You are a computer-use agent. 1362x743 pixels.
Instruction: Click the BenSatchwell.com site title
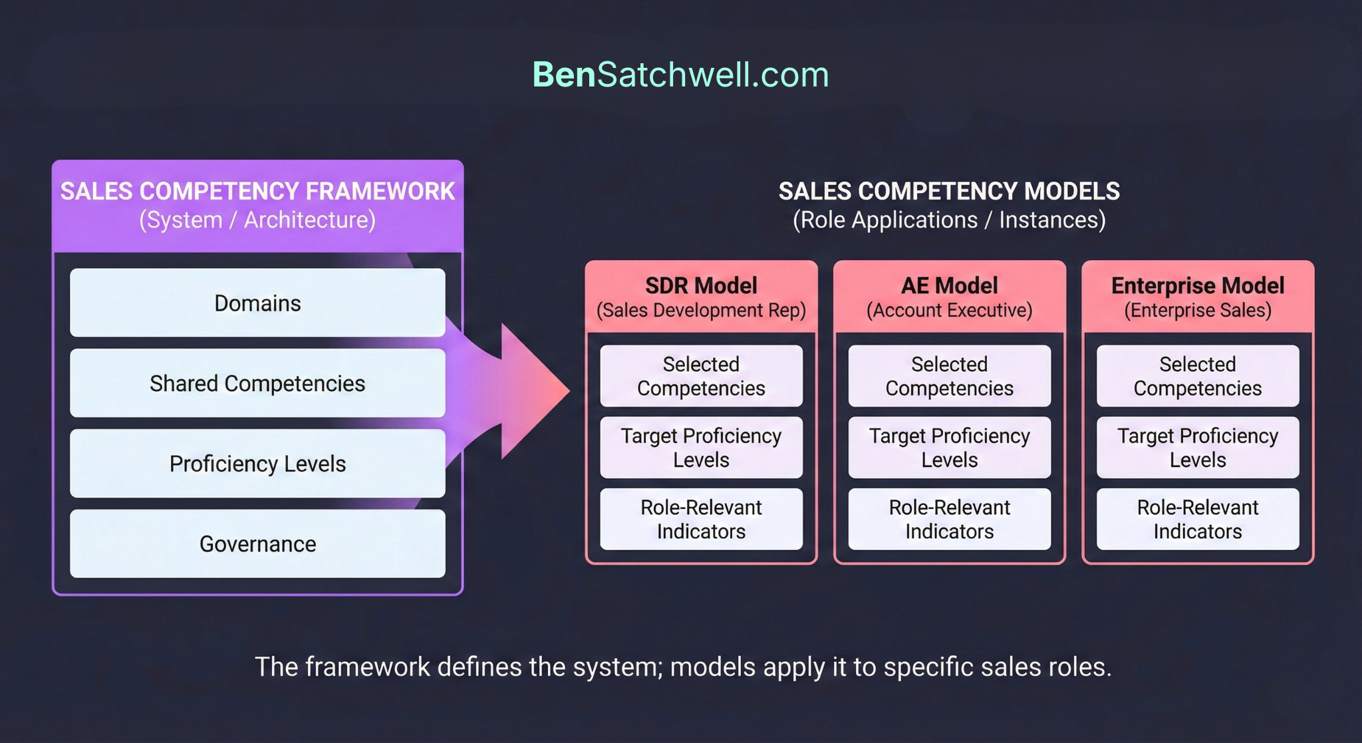point(680,74)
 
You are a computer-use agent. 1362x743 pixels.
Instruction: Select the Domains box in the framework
point(257,303)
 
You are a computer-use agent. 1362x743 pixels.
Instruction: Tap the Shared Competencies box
point(257,384)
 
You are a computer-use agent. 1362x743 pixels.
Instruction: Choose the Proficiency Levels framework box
point(257,464)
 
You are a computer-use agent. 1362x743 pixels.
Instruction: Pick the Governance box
point(257,544)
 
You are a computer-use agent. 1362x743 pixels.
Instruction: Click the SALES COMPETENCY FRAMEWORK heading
point(257,192)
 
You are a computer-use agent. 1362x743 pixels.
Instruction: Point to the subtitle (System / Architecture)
point(257,220)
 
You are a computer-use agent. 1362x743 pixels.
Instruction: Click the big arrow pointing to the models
point(525,391)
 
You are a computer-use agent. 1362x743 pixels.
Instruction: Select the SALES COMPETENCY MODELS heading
point(949,192)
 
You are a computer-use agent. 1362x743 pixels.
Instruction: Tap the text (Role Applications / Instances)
point(949,220)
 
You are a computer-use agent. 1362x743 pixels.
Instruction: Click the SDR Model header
point(701,297)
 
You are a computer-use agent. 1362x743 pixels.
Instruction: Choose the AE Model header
point(949,297)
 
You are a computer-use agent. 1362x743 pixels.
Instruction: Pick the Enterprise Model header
point(1198,297)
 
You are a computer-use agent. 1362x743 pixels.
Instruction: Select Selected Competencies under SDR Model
point(701,376)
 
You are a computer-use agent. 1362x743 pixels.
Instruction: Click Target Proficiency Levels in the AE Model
point(949,448)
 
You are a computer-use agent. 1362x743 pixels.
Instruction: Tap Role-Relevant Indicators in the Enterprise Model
point(1198,520)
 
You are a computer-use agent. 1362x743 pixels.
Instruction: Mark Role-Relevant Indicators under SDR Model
point(701,520)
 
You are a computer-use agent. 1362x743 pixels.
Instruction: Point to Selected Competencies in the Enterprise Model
point(1198,376)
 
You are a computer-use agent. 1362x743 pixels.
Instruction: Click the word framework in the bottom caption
point(367,667)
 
